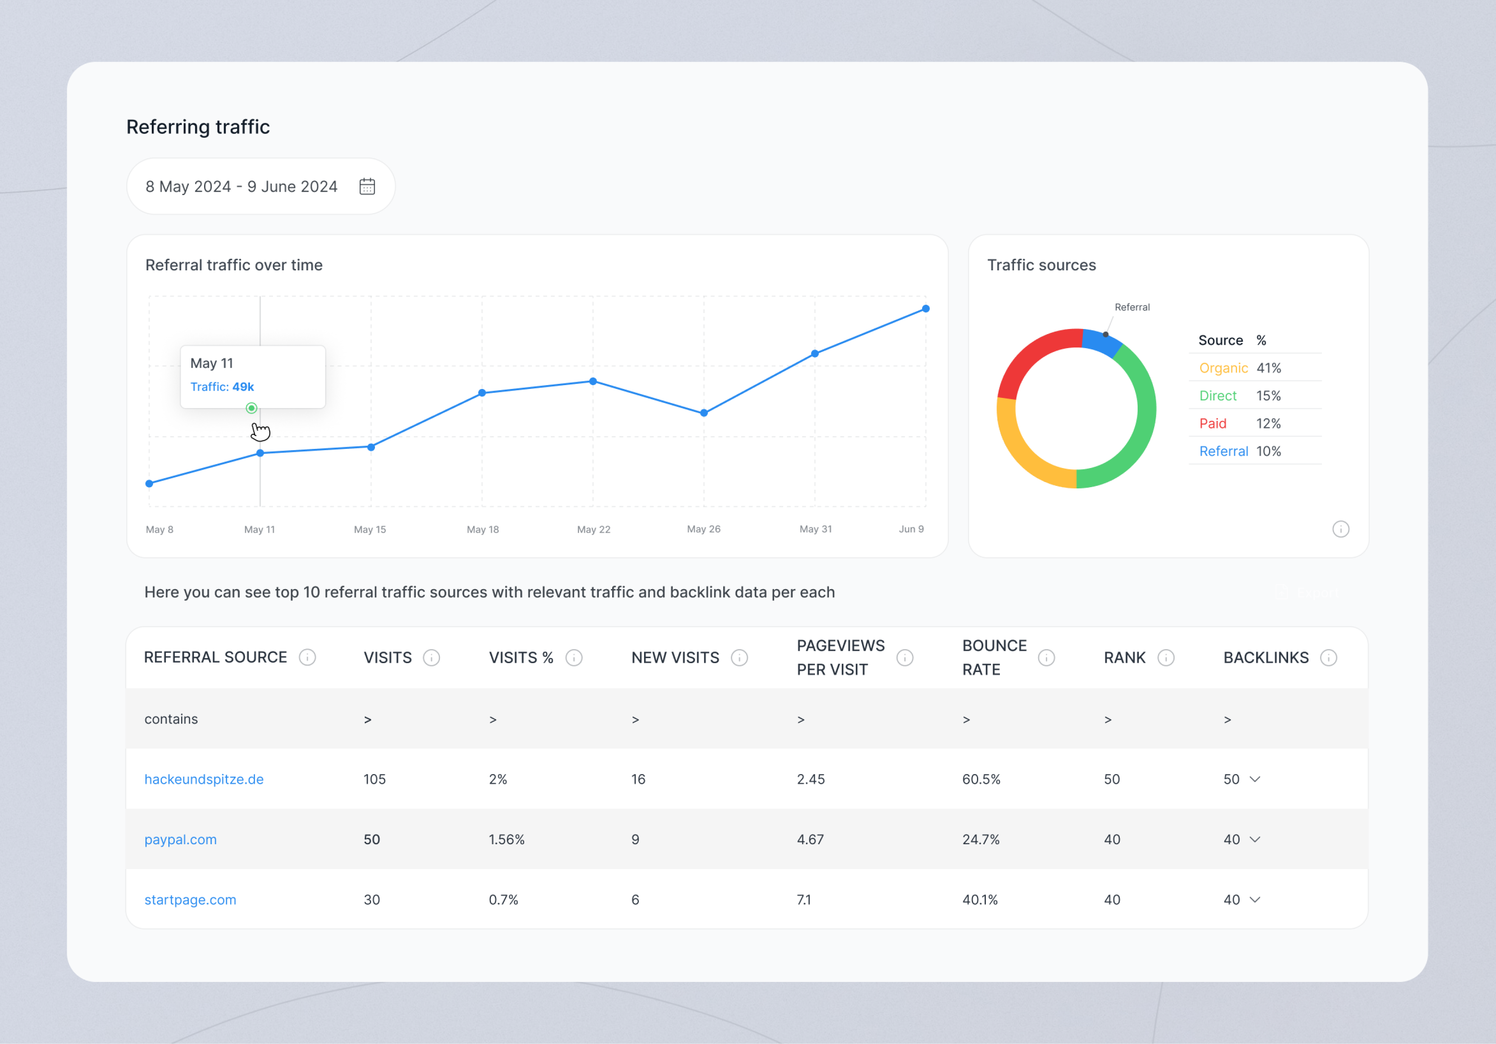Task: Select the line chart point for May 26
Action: [704, 412]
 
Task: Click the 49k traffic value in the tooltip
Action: [243, 386]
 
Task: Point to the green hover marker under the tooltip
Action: [252, 408]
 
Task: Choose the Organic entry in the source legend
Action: [1223, 368]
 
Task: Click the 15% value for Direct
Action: [1268, 396]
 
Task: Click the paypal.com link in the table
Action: [181, 840]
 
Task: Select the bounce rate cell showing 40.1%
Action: [979, 899]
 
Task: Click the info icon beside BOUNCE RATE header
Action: [1046, 658]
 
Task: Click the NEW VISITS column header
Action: [675, 658]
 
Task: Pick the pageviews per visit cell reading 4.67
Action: [810, 840]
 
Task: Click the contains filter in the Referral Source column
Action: [171, 719]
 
